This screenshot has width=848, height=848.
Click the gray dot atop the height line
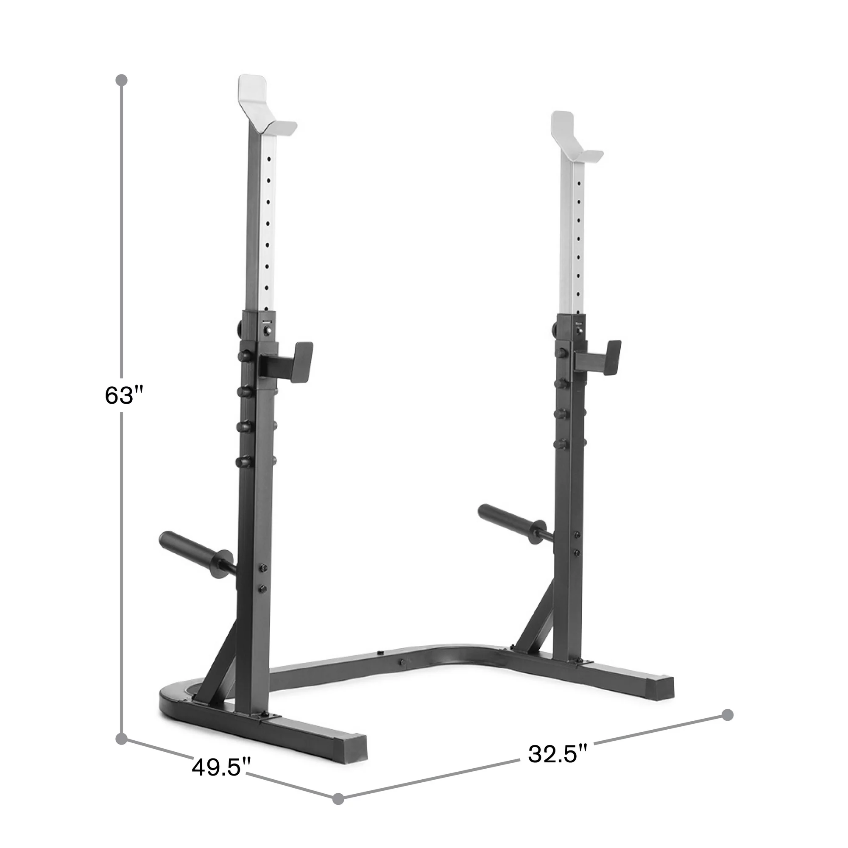click(x=121, y=80)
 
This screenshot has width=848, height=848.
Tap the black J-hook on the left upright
click(x=287, y=361)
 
